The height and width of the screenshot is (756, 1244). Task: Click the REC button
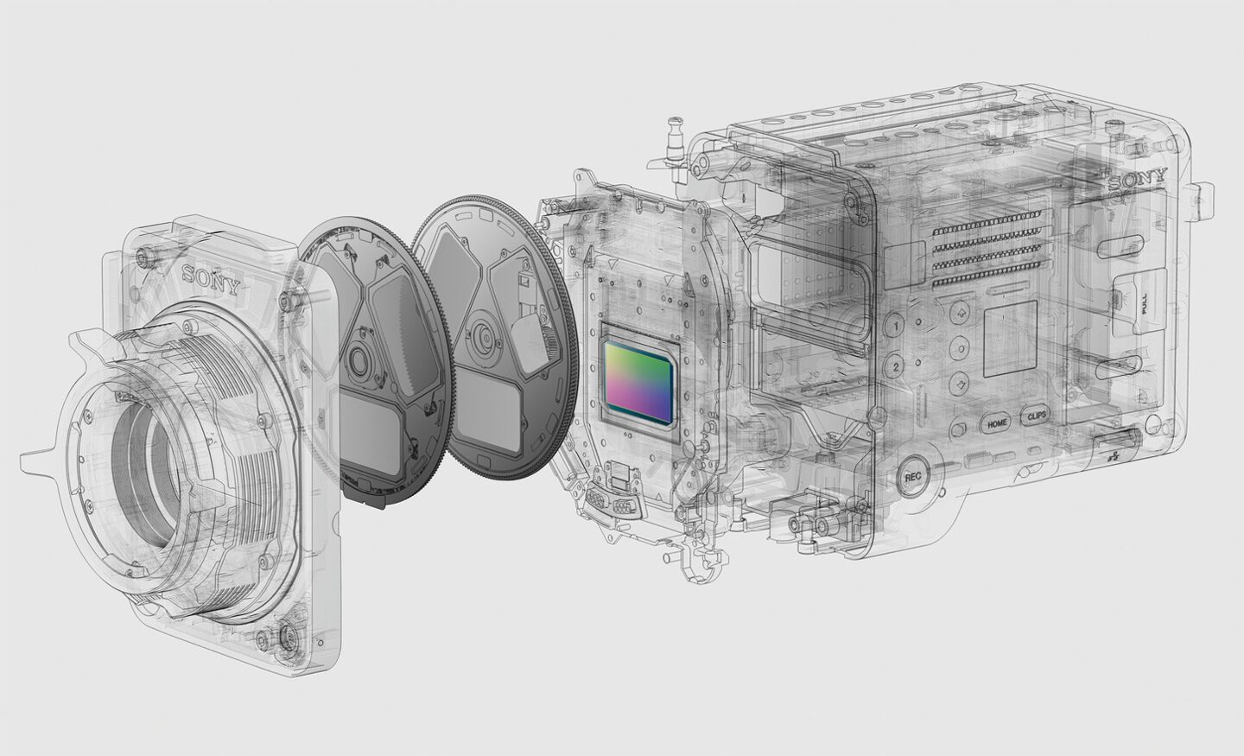912,476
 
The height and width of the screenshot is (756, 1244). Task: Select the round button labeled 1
895,327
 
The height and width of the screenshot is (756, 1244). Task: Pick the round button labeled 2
895,366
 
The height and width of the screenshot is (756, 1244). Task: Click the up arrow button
959,312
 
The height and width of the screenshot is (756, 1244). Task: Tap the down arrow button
959,384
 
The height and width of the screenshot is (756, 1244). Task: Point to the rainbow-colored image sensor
640,380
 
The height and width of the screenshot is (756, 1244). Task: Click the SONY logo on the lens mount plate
211,279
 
